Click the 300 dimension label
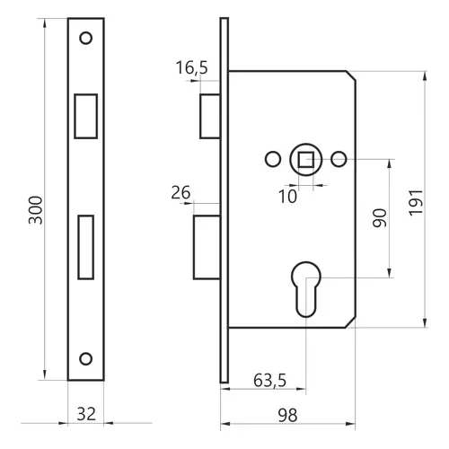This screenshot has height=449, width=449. (36, 210)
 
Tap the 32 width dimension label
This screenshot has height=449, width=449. (86, 414)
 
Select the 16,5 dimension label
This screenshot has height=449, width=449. (191, 67)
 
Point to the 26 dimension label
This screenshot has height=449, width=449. (180, 192)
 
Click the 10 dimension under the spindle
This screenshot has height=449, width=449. (287, 197)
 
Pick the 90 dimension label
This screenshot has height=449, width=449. (380, 217)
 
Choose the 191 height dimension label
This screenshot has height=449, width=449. (416, 202)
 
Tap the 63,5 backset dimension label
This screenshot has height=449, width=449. (269, 381)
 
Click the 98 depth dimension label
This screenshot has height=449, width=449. (287, 416)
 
